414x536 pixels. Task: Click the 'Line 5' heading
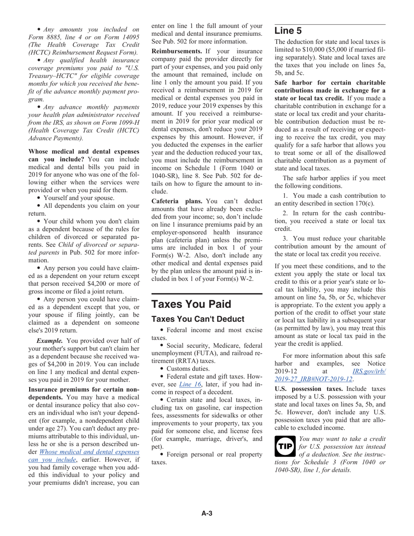(x=288, y=31)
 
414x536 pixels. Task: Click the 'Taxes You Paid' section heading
(x=191, y=304)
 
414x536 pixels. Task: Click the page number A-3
(x=207, y=513)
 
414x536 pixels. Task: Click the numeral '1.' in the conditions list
(x=285, y=196)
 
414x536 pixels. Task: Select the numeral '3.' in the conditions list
(x=285, y=238)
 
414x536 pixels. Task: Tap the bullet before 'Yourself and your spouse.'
(x=40, y=198)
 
